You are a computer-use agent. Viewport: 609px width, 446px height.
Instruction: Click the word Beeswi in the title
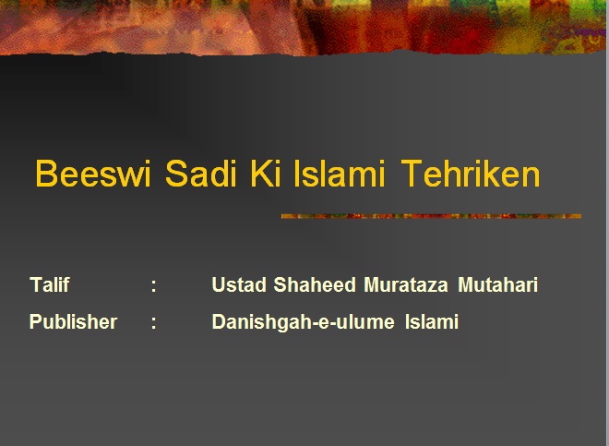coord(93,174)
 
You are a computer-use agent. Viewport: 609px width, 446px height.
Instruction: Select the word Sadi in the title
coord(201,174)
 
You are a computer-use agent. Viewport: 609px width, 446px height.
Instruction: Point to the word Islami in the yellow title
coord(339,174)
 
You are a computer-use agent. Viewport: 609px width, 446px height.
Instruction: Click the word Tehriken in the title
coord(471,174)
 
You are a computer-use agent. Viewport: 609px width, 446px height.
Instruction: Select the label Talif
coord(49,284)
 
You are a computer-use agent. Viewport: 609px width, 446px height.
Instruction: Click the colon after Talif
coord(154,286)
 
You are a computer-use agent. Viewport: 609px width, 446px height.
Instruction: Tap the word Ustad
coord(239,284)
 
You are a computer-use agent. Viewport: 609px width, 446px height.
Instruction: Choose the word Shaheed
coord(315,284)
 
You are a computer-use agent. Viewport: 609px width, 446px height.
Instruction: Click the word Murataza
coord(406,284)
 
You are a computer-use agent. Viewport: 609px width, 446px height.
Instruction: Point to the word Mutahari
coord(498,284)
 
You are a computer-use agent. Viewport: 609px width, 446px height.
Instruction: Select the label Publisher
coord(74,321)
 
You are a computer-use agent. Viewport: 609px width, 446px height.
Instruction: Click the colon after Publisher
coord(154,323)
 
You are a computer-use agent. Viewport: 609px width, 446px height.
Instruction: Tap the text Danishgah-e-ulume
coord(303,322)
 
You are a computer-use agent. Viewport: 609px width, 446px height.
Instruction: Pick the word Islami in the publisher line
coord(432,321)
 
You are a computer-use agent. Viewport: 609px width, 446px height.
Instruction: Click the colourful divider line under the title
coord(431,216)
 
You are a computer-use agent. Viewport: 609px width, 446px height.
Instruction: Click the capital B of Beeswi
coord(46,174)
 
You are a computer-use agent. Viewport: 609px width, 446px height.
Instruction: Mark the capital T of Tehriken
coord(412,174)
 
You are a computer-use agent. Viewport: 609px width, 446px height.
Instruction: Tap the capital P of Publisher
coord(36,321)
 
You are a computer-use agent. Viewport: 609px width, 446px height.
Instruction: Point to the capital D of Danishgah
coord(219,321)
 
